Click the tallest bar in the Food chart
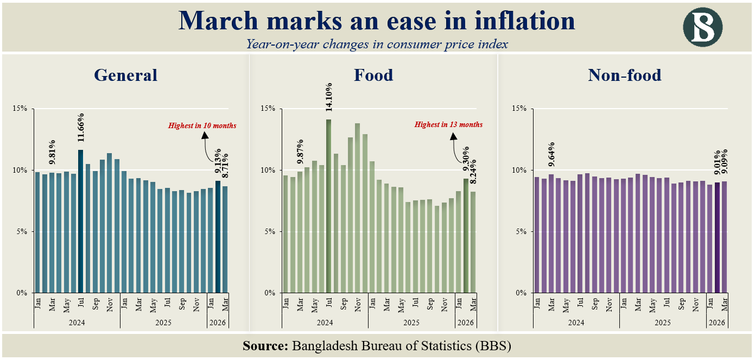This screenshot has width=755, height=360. [x=328, y=206]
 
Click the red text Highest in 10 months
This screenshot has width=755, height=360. [x=202, y=125]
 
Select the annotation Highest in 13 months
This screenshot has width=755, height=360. [x=448, y=124]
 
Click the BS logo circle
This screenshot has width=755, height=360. [x=703, y=27]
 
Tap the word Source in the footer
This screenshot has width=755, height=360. [x=265, y=346]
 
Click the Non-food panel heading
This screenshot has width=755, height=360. [x=625, y=75]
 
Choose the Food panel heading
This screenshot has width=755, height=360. [x=373, y=75]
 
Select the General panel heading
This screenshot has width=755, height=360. [x=125, y=75]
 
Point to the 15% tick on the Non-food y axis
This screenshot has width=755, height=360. [x=520, y=109]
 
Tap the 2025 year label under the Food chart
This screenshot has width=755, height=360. [x=411, y=323]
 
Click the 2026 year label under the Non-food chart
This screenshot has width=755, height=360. [x=717, y=323]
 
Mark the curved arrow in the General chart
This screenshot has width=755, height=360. [x=206, y=144]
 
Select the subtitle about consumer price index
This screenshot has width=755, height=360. [x=377, y=44]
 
